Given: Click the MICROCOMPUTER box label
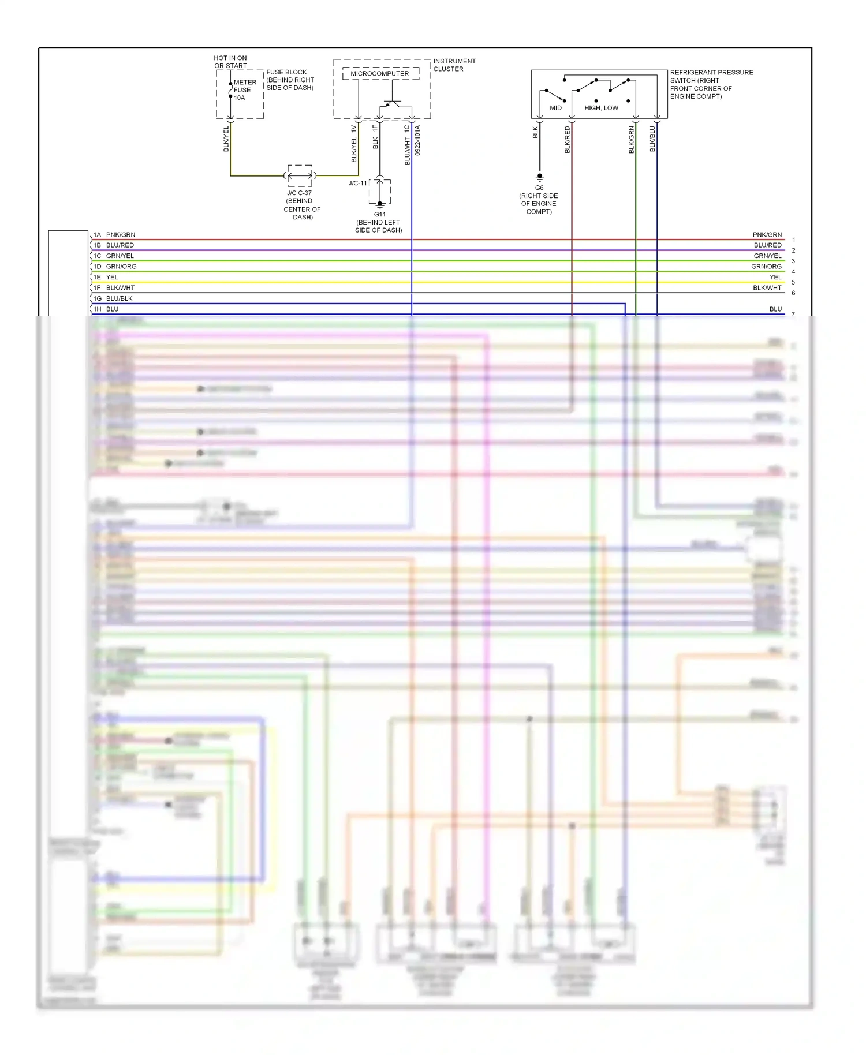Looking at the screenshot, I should point(379,74).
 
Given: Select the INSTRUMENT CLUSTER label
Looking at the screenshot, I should point(454,65).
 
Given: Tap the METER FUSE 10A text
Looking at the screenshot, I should point(244,90).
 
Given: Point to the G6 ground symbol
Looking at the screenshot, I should point(540,177).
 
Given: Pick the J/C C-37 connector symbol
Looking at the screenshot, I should point(300,175).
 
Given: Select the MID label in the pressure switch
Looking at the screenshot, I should point(555,108).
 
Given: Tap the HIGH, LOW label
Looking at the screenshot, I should point(601,108).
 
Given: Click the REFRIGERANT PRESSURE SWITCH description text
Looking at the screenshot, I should point(711,84).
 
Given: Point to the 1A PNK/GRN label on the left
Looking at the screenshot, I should point(114,235).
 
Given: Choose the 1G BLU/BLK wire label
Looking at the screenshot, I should point(113,298).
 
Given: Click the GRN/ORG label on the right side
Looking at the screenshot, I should point(766,267).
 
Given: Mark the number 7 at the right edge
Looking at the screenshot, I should point(793,315).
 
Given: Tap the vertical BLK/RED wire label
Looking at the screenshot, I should point(567,140).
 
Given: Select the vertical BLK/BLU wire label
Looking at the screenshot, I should point(652,139).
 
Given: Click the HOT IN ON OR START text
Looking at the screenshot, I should point(230,62).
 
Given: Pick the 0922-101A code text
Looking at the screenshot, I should point(417,140).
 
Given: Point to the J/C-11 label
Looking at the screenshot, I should point(357,184).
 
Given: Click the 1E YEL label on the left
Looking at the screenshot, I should point(106,277).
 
